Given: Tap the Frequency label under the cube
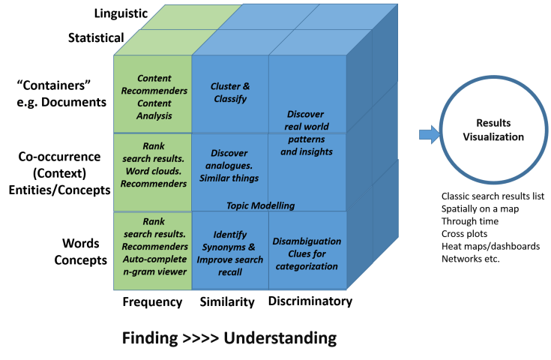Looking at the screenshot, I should (152, 302).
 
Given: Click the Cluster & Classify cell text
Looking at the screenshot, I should (229, 92).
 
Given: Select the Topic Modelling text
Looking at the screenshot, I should (260, 205).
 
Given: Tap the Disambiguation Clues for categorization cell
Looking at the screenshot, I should (306, 253).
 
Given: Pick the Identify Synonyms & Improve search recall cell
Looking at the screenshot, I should (229, 253).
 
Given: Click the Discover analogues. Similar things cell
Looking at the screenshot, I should (229, 165).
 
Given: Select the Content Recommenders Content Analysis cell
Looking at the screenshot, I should (154, 97).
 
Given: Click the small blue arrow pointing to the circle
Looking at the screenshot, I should (428, 135).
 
